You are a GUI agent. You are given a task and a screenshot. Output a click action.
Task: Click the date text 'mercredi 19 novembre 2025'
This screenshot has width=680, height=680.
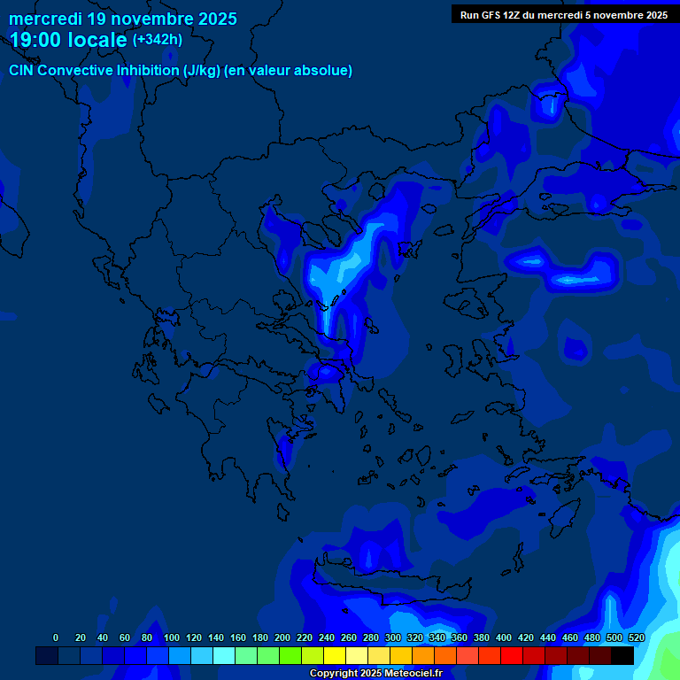pos(122,19)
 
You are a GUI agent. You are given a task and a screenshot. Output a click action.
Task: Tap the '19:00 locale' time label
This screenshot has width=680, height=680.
pos(68,40)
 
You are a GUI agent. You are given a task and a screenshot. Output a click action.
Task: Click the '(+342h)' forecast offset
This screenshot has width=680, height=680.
pos(158,40)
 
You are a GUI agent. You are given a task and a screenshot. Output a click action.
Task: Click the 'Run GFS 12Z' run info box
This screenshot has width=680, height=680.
pos(563,15)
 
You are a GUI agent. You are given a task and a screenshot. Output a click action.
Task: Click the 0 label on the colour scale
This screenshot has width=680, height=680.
pos(56,637)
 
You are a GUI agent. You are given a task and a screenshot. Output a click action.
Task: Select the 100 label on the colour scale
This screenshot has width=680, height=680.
pos(172,637)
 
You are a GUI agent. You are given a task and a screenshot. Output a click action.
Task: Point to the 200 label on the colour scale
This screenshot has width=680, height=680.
pos(282,637)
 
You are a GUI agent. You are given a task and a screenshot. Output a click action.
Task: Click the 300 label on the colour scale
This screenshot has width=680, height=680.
pos(393,637)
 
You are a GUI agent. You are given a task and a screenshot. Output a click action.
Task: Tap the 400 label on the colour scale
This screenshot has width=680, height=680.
pos(504,637)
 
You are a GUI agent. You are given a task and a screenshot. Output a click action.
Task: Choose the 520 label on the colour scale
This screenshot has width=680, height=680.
pos(636,637)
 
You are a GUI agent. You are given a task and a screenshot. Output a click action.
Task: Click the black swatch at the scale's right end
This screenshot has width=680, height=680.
pos(622,655)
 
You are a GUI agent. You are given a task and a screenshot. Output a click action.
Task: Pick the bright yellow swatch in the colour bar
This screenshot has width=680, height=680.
pos(335,655)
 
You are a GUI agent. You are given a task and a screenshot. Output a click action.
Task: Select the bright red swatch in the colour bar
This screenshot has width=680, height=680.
pos(512,655)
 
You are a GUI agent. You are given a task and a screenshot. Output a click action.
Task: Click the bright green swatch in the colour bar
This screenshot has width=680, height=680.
pos(290,655)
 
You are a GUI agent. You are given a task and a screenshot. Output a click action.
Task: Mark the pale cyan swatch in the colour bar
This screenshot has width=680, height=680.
pos(224,655)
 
